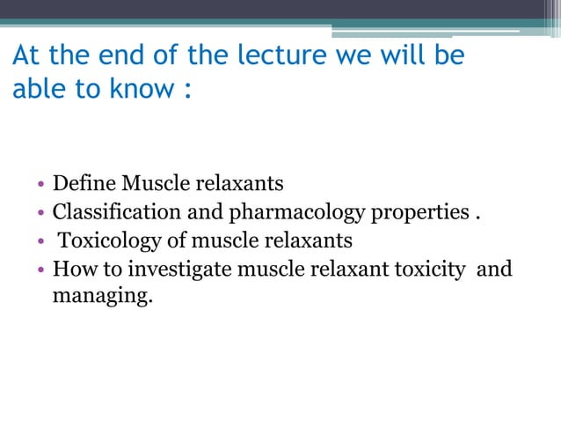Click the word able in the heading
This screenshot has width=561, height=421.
(38, 91)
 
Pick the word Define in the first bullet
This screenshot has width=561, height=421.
(84, 184)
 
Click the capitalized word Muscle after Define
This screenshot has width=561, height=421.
(156, 184)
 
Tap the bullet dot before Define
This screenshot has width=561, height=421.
(41, 186)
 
